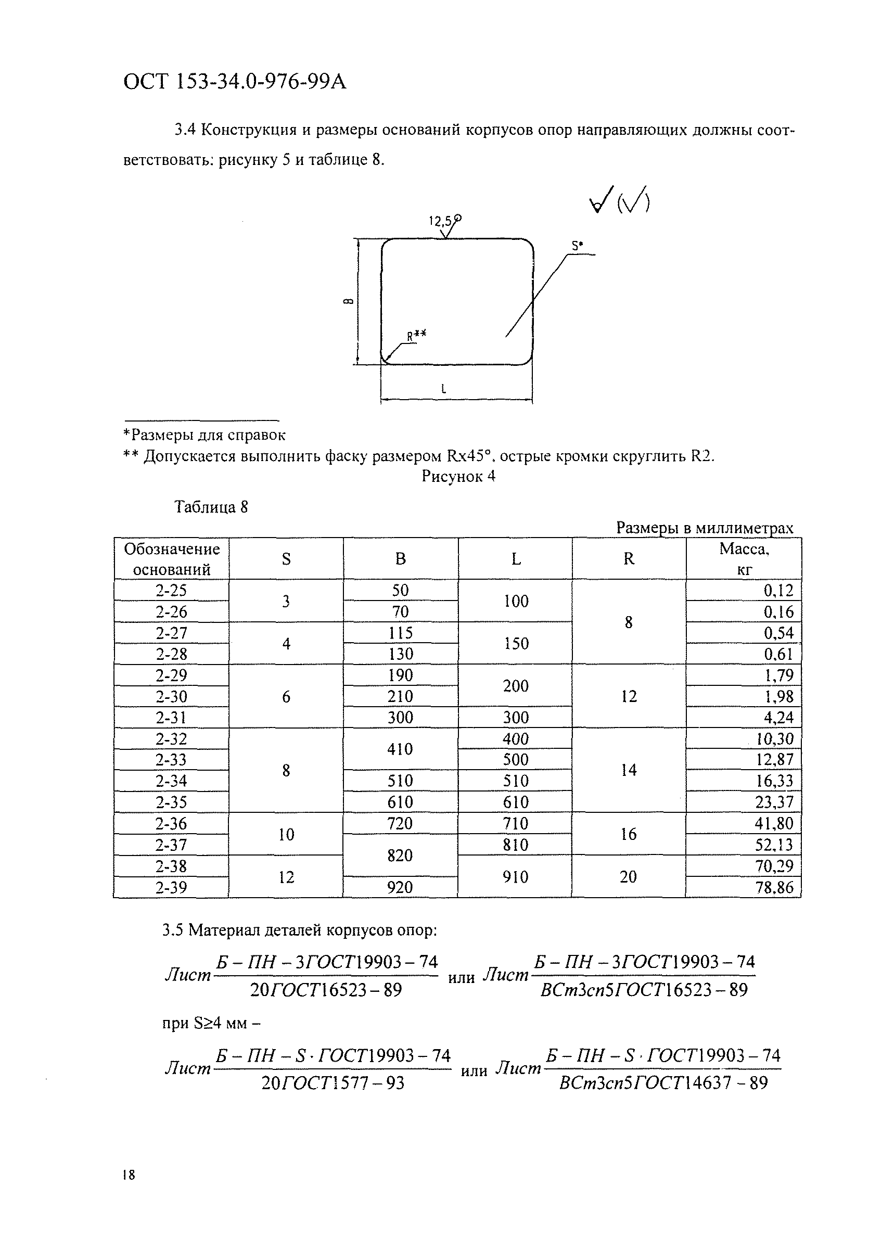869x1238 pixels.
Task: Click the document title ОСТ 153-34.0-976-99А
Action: (x=235, y=83)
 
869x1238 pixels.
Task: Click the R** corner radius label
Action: (x=416, y=335)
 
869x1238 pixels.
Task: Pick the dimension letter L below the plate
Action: (x=443, y=388)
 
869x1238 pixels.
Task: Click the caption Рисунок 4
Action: (x=458, y=476)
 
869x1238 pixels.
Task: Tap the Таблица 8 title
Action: (x=211, y=507)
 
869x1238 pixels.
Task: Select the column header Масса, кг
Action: (x=744, y=558)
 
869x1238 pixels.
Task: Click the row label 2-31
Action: (x=171, y=718)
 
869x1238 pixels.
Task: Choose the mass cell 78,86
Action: (x=774, y=887)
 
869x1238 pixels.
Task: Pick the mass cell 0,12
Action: (x=778, y=591)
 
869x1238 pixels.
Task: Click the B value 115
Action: (x=400, y=632)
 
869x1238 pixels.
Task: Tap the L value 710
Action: (x=515, y=823)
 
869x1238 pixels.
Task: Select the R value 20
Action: (x=628, y=876)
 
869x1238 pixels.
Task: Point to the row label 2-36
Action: (x=171, y=823)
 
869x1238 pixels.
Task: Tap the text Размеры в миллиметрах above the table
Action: (x=704, y=528)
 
